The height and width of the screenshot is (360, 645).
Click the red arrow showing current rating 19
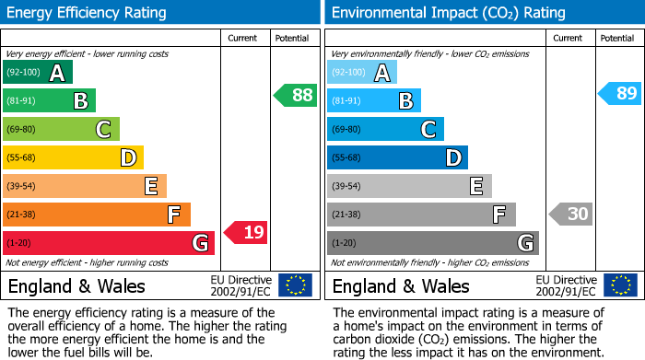[246, 233]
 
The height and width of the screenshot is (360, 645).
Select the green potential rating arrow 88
[296, 95]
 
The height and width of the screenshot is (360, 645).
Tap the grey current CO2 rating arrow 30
[570, 215]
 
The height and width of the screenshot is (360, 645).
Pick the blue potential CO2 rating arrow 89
[620, 93]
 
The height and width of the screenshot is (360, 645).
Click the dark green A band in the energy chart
[38, 73]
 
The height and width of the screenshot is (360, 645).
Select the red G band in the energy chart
[109, 243]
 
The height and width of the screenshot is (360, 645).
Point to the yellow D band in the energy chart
[73, 157]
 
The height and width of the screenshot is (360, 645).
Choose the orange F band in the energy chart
[97, 215]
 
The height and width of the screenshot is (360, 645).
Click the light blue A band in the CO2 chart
[362, 73]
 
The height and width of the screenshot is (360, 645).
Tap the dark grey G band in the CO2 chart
[432, 243]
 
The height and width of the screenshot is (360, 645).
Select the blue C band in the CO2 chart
[385, 129]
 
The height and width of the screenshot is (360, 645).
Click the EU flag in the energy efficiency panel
[295, 285]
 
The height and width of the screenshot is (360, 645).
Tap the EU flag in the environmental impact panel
[619, 285]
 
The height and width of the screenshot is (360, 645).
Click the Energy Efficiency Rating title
[88, 13]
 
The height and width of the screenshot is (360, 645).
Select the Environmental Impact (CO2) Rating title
[448, 13]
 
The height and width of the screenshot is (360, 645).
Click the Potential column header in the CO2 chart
[617, 38]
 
